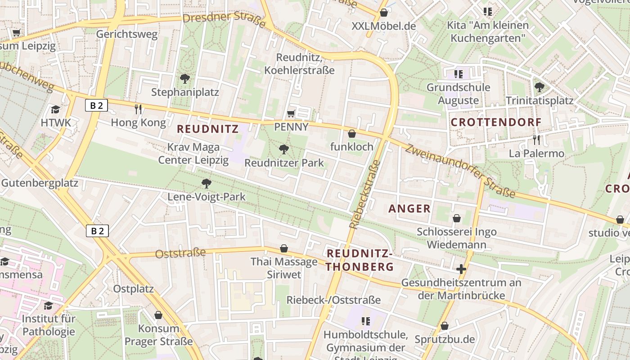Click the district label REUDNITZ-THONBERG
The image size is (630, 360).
(x=360, y=260)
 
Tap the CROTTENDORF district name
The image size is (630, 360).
(x=496, y=122)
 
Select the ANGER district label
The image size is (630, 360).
(x=409, y=208)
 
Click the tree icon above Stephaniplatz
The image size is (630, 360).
(x=184, y=79)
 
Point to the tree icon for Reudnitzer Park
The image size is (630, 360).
(x=283, y=149)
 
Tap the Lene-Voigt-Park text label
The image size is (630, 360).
(x=207, y=197)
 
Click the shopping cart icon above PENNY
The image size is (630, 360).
(x=291, y=113)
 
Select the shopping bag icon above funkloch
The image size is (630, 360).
(x=352, y=134)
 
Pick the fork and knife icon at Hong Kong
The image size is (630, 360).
(x=138, y=109)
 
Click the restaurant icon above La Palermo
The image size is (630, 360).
(x=535, y=140)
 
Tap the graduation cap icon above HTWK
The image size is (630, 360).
(x=55, y=109)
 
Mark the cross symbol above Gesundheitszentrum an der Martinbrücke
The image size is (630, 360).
(x=461, y=269)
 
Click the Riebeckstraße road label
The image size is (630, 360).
(x=365, y=194)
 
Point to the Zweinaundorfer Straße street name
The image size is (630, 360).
(x=460, y=171)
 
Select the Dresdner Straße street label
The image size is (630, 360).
(x=224, y=19)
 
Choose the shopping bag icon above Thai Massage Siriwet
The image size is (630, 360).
(x=284, y=248)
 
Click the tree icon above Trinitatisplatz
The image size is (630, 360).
(x=539, y=87)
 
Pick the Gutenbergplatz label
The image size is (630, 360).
(x=40, y=183)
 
